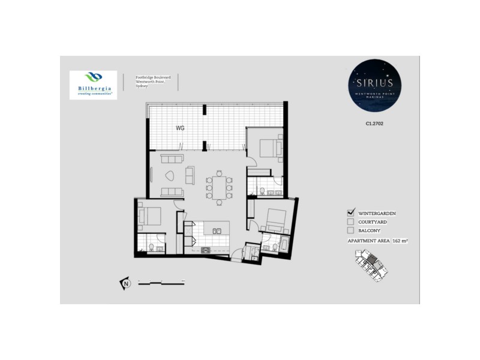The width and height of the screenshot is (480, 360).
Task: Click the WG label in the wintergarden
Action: pos(180,128)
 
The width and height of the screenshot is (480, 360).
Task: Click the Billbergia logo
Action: pos(93,85)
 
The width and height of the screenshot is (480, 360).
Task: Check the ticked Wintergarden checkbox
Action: pos(351,213)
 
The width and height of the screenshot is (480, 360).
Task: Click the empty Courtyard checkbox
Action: pos(351,222)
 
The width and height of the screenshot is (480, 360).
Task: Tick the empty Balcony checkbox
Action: pos(351,230)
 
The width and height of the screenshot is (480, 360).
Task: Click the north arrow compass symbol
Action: pos(126,282)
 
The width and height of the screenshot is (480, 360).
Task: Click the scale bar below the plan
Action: pos(160,281)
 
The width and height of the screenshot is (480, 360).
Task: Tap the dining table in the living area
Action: pos(219,187)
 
